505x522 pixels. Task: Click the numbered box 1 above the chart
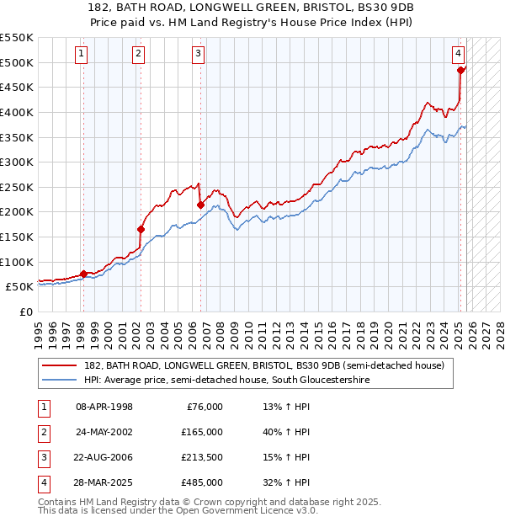tap(82, 54)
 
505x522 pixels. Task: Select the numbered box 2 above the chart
tap(138, 54)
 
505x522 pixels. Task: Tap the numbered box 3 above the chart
tap(198, 54)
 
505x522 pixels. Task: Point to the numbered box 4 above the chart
tap(459, 54)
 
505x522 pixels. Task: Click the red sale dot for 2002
tap(141, 228)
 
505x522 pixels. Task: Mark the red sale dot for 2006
tap(200, 205)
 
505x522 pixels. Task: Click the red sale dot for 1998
tap(83, 273)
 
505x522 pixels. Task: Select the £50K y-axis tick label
tap(19, 287)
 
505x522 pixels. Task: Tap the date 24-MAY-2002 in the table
tap(104, 432)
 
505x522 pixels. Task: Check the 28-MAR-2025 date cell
tap(104, 482)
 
